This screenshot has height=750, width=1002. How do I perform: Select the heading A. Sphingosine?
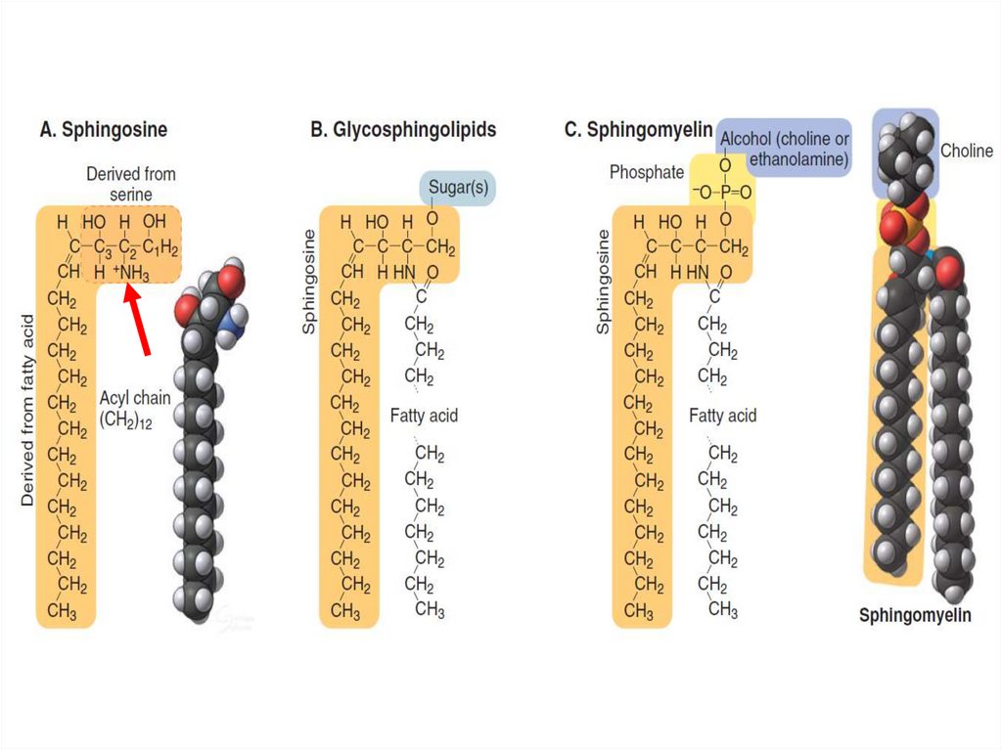103,129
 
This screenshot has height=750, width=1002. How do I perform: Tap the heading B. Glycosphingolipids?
403,129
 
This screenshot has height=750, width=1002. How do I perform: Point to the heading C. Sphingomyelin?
638,129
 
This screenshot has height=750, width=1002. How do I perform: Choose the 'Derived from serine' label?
131,184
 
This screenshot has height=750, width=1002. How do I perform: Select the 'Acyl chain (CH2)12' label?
135,409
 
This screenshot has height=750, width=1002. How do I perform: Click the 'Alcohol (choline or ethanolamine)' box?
784,149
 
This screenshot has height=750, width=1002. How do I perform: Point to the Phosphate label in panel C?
647,172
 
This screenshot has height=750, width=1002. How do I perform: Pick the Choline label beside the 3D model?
967,151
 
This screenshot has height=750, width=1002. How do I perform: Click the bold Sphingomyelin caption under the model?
915,615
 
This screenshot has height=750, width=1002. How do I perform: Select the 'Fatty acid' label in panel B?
424,416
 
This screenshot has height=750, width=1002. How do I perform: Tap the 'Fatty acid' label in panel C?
722,416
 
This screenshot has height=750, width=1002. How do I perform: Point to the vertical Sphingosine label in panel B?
309,283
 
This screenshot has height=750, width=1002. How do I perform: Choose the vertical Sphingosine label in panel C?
603,283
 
